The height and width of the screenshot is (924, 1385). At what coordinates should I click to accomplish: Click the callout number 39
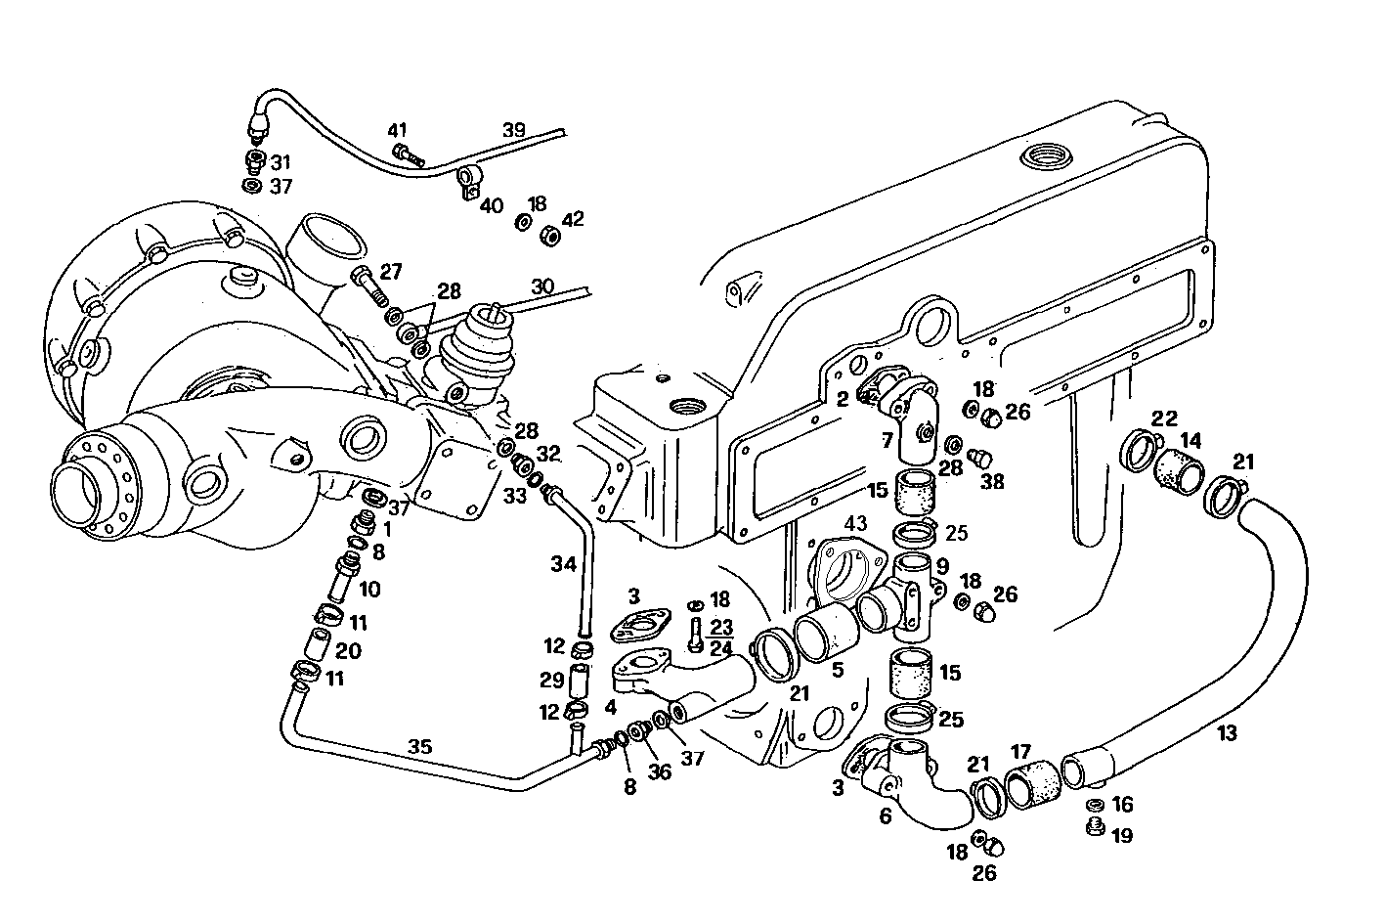click(514, 130)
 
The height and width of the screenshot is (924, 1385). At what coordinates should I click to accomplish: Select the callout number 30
click(542, 286)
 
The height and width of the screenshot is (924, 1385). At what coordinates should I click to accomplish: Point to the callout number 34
click(564, 564)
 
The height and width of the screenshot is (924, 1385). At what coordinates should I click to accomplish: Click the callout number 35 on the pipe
click(419, 747)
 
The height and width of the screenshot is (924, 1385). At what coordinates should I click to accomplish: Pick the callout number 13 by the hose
click(1227, 732)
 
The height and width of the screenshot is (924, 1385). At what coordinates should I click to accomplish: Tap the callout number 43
click(855, 524)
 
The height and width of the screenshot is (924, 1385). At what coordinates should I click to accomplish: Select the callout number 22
click(1164, 418)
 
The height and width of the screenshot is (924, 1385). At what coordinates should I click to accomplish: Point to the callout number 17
click(1021, 753)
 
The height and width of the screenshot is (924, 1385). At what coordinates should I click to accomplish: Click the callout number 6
click(885, 814)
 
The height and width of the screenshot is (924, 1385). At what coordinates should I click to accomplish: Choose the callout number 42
click(573, 218)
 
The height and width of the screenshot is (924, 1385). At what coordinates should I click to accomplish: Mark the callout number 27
click(391, 272)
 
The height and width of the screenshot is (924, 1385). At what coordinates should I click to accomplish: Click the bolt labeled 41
click(408, 154)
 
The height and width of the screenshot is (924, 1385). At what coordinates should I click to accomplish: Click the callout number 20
click(348, 651)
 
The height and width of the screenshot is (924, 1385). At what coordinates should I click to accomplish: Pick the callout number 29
click(552, 680)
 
